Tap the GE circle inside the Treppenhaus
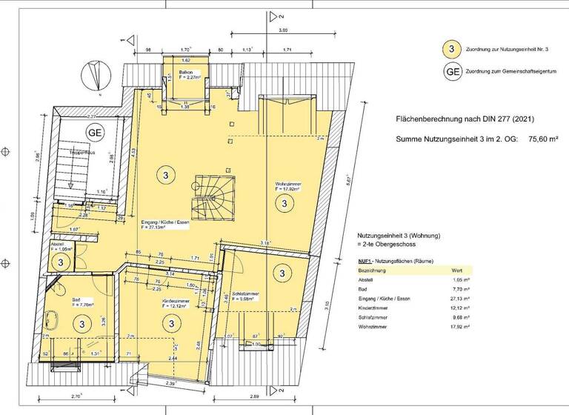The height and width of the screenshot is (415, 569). [x=95, y=133]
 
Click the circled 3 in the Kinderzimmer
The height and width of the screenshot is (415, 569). [x=171, y=323]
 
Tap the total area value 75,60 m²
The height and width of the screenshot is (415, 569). [x=545, y=139]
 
